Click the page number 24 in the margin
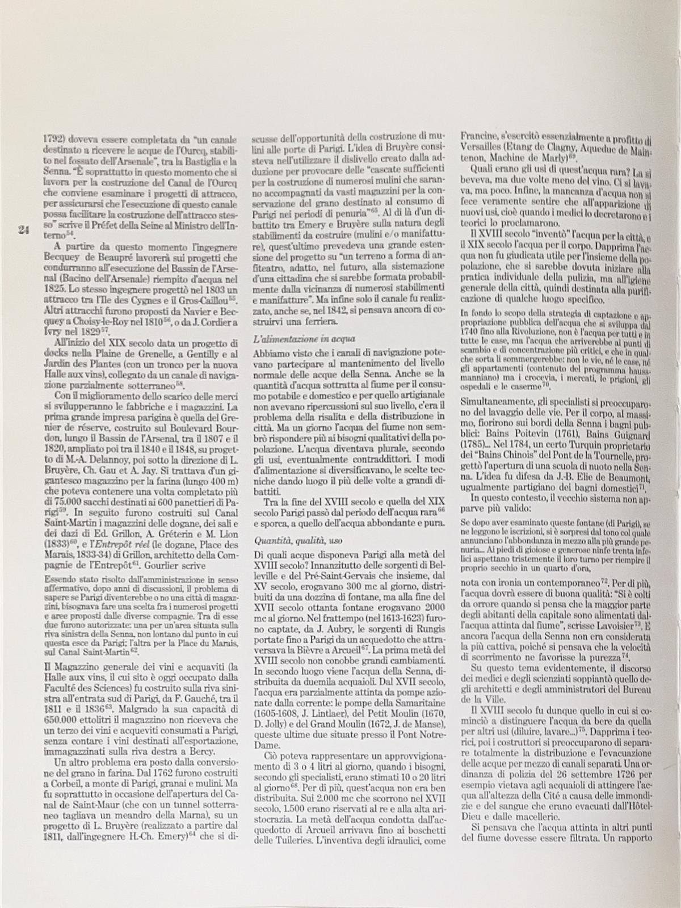point(23,229)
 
